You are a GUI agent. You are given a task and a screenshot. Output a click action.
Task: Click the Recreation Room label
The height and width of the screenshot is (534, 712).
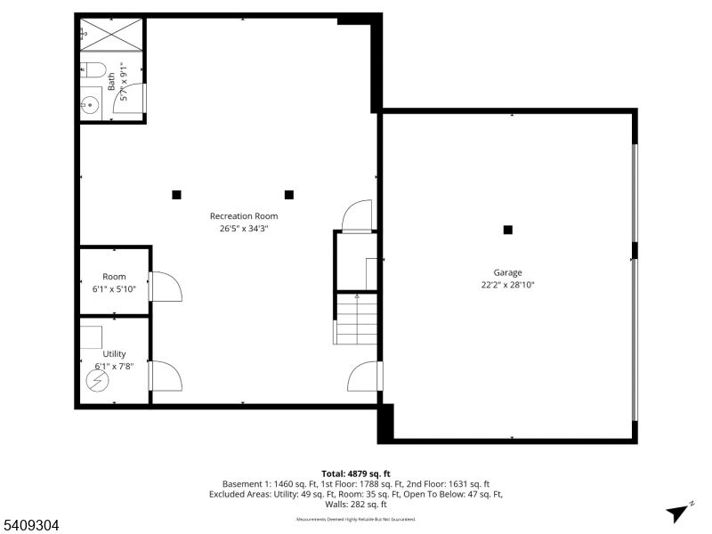click(244, 216)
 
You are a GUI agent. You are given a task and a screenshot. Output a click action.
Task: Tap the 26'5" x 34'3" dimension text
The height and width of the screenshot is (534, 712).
click(244, 229)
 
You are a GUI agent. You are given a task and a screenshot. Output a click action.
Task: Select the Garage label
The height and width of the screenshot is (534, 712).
click(508, 273)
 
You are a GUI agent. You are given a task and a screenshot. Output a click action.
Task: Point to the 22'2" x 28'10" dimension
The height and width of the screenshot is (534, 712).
click(508, 286)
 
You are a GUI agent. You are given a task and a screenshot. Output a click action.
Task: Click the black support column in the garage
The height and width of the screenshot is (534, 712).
click(508, 230)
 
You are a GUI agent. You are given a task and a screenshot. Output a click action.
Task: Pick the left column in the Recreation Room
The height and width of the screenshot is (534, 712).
click(176, 195)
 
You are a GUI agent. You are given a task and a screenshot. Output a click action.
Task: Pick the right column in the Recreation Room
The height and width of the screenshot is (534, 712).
click(288, 195)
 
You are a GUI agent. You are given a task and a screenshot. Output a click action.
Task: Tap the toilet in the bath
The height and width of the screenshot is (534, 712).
click(93, 69)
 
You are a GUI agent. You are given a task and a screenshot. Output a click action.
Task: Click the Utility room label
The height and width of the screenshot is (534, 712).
click(114, 354)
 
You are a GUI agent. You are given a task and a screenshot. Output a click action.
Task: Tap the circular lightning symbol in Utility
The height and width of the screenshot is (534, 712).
click(96, 380)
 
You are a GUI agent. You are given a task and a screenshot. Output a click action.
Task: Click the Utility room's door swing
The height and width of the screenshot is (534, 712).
click(166, 376)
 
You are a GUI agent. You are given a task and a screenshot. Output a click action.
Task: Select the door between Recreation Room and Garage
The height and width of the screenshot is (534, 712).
click(363, 376)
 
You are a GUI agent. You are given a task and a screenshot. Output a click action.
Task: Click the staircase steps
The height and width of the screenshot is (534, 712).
click(356, 320)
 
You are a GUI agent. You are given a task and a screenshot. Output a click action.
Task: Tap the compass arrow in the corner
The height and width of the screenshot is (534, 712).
click(679, 512)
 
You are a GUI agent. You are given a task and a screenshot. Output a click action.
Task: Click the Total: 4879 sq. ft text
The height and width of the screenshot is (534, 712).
click(356, 473)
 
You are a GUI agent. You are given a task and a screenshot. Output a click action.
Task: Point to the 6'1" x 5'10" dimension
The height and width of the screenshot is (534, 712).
click(114, 289)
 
